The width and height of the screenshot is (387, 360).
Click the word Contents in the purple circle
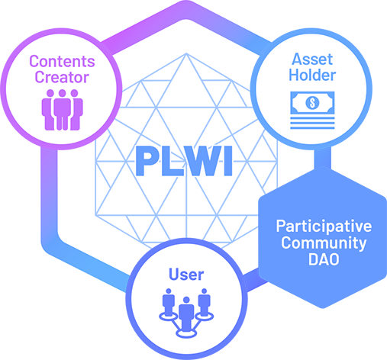pos(62,61)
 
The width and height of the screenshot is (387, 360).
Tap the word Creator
pos(62,77)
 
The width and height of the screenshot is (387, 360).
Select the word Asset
pos(312,59)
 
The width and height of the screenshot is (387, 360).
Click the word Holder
pos(312,76)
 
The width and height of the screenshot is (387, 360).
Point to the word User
pos(186,275)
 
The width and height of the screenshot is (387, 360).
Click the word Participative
pos(324,226)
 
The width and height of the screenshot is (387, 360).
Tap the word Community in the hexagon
pos(324,243)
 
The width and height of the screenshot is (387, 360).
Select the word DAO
pos(324,259)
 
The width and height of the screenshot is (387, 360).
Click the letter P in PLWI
pos(146,161)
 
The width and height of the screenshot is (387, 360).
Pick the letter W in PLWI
pos(202,161)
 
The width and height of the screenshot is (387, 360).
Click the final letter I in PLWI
pos(228,161)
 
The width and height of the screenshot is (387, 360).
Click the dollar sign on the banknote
pos(312,102)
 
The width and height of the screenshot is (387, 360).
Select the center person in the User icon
pos(186,312)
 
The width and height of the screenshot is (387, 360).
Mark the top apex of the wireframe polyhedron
pos(186,53)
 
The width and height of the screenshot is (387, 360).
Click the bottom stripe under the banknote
pos(312,127)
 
